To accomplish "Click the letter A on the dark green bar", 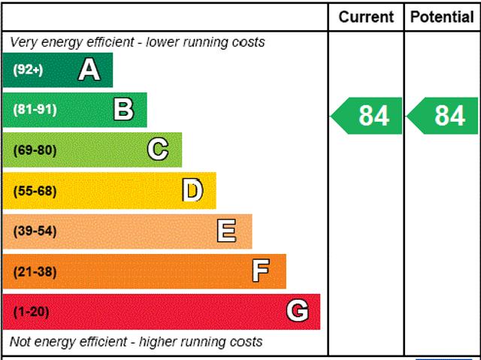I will pyautogui.click(x=89, y=70).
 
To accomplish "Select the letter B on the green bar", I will pyautogui.click(x=123, y=110).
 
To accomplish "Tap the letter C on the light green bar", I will pyautogui.click(x=157, y=150).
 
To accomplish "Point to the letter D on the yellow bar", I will pyautogui.click(x=192, y=190).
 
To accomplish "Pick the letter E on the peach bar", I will pyautogui.click(x=226, y=231).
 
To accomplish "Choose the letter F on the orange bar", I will pyautogui.click(x=261, y=271).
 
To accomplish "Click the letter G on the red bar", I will pyautogui.click(x=298, y=311).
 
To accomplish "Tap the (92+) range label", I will pyautogui.click(x=29, y=71).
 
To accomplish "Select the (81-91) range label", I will pyautogui.click(x=35, y=110).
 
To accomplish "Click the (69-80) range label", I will pyautogui.click(x=35, y=150).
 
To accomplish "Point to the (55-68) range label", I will pyautogui.click(x=35, y=191).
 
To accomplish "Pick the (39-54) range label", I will pyautogui.click(x=35, y=231).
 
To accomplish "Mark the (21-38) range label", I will pyautogui.click(x=35, y=271).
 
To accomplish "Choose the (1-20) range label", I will pyautogui.click(x=31, y=312).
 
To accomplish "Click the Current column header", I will pyautogui.click(x=366, y=17).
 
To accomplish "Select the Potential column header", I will pyautogui.click(x=443, y=17).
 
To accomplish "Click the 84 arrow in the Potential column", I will pyautogui.click(x=443, y=116).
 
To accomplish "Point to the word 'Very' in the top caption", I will pyautogui.click(x=24, y=42).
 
